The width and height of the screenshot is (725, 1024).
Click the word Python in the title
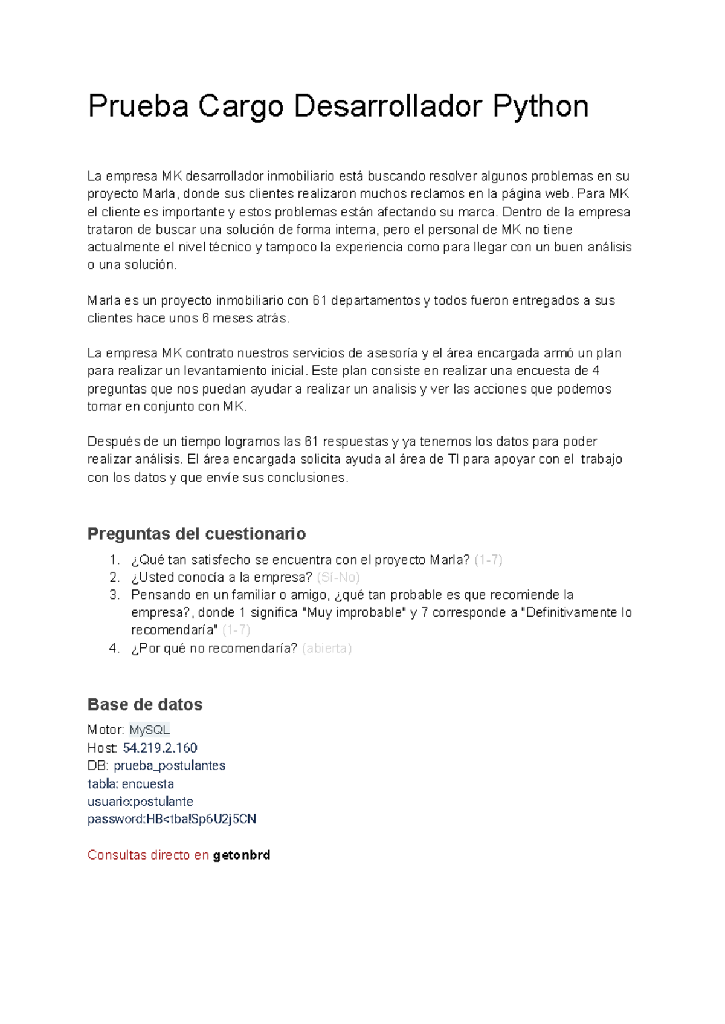point(540,106)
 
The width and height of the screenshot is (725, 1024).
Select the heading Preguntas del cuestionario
point(196,534)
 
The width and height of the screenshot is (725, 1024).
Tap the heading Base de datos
point(145,704)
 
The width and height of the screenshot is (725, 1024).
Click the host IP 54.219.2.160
point(160,748)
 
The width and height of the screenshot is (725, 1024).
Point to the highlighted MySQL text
point(149,730)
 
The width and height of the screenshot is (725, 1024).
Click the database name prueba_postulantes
point(169,766)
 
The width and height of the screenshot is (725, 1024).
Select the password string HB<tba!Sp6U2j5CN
point(201,819)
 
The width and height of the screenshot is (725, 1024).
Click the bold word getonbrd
point(242,855)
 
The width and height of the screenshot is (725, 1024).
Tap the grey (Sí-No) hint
point(338,577)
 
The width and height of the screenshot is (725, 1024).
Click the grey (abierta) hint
point(326,648)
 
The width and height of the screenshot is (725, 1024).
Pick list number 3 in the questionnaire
point(115,595)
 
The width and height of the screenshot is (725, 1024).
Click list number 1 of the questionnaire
point(115,560)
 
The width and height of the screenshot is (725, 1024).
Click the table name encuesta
point(148,784)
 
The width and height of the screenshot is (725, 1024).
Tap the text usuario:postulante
point(140,802)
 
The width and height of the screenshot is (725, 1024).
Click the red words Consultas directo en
point(148,855)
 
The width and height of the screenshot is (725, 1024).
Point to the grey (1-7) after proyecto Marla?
point(488,560)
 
